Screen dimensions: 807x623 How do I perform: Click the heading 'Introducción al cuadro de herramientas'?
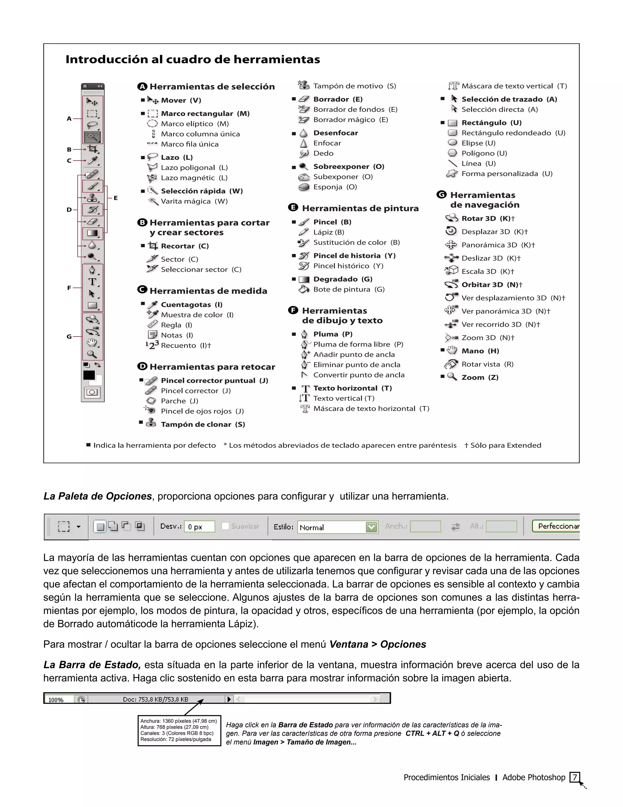coord(193,59)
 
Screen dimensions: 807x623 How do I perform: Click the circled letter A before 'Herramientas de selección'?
coord(142,86)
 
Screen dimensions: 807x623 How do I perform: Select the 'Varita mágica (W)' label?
coord(194,201)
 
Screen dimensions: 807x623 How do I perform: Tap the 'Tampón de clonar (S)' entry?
coord(203,425)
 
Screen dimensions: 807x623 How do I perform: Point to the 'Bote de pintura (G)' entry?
coord(348,289)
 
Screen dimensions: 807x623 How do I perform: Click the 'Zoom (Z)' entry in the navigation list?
coord(479,377)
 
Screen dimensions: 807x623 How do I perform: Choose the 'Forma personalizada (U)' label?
coord(506,174)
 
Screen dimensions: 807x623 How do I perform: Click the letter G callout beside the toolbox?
coord(69,337)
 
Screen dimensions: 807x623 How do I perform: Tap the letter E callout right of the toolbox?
coord(116,198)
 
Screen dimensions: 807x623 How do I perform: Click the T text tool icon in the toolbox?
coord(92,282)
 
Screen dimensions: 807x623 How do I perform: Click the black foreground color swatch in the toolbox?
coord(89,375)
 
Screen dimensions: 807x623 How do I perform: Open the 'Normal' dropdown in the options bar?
coord(372,527)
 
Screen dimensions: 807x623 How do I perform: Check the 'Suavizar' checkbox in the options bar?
coord(225,526)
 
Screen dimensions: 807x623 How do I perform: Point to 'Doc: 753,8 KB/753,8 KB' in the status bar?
coord(155,700)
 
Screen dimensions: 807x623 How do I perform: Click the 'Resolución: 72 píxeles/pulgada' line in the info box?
coord(176,739)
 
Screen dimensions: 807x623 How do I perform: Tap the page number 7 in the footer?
coord(574,777)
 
